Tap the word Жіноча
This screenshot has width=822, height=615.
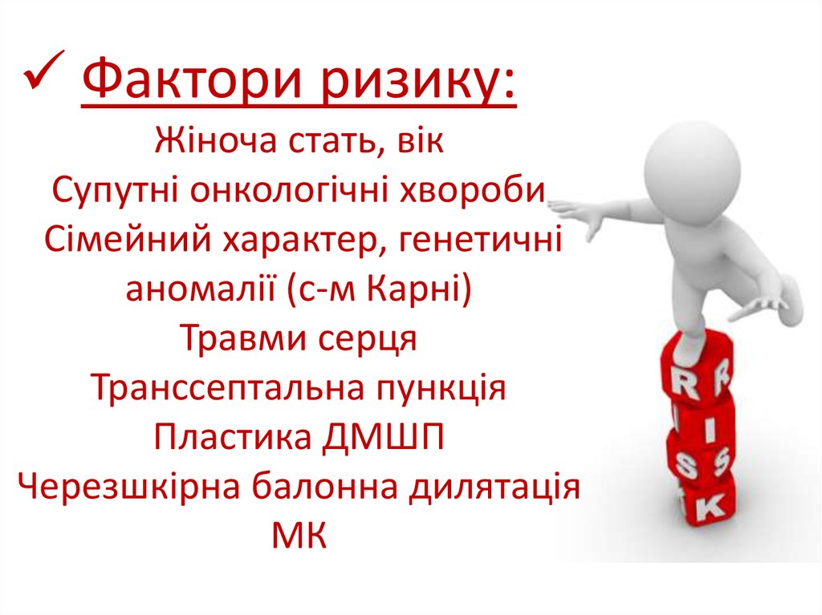[x=210, y=145]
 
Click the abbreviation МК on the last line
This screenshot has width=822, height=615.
[x=299, y=534]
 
